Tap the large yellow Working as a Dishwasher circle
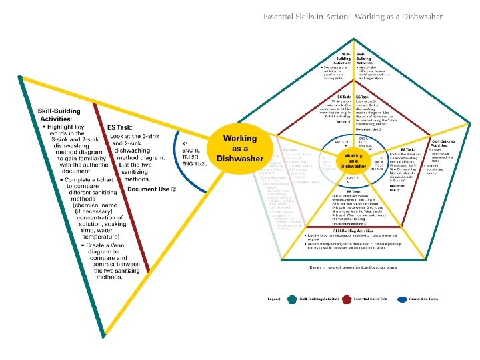pos(239,147)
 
